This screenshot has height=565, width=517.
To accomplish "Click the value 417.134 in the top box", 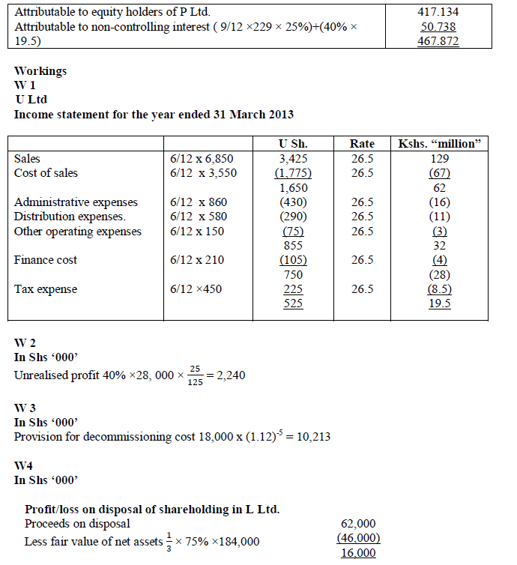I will tap(438, 12).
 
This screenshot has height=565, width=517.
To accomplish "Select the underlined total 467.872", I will tap(438, 41).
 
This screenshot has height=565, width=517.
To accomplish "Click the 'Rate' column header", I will tap(363, 144).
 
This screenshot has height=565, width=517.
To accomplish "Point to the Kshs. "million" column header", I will tap(441, 144).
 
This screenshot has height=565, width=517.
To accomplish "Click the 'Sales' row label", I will tap(28, 159).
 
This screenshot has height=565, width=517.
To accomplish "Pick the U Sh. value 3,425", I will tap(293, 159).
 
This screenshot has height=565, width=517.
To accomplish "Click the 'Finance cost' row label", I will tap(46, 260).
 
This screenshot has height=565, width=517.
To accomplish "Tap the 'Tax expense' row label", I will tap(46, 289).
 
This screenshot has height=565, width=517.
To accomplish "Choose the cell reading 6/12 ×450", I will tap(196, 289).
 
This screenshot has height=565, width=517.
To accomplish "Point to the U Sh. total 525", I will tap(293, 303).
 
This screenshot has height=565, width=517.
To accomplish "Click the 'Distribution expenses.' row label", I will tap(70, 217).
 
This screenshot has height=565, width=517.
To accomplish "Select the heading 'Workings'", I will tap(40, 71).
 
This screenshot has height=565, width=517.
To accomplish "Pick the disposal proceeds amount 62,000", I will tap(358, 524).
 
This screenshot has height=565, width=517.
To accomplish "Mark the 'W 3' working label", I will tap(26, 408).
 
